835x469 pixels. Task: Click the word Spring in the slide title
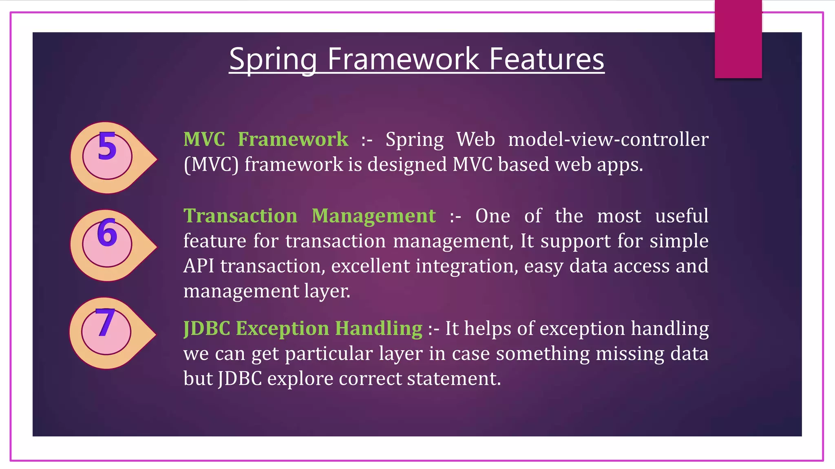273,59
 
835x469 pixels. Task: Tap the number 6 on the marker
107,232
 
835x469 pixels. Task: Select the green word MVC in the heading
204,139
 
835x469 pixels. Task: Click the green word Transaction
241,215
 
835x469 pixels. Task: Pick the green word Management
373,215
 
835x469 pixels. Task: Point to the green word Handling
378,328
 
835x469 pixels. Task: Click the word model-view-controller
608,139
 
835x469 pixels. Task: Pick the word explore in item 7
300,379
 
